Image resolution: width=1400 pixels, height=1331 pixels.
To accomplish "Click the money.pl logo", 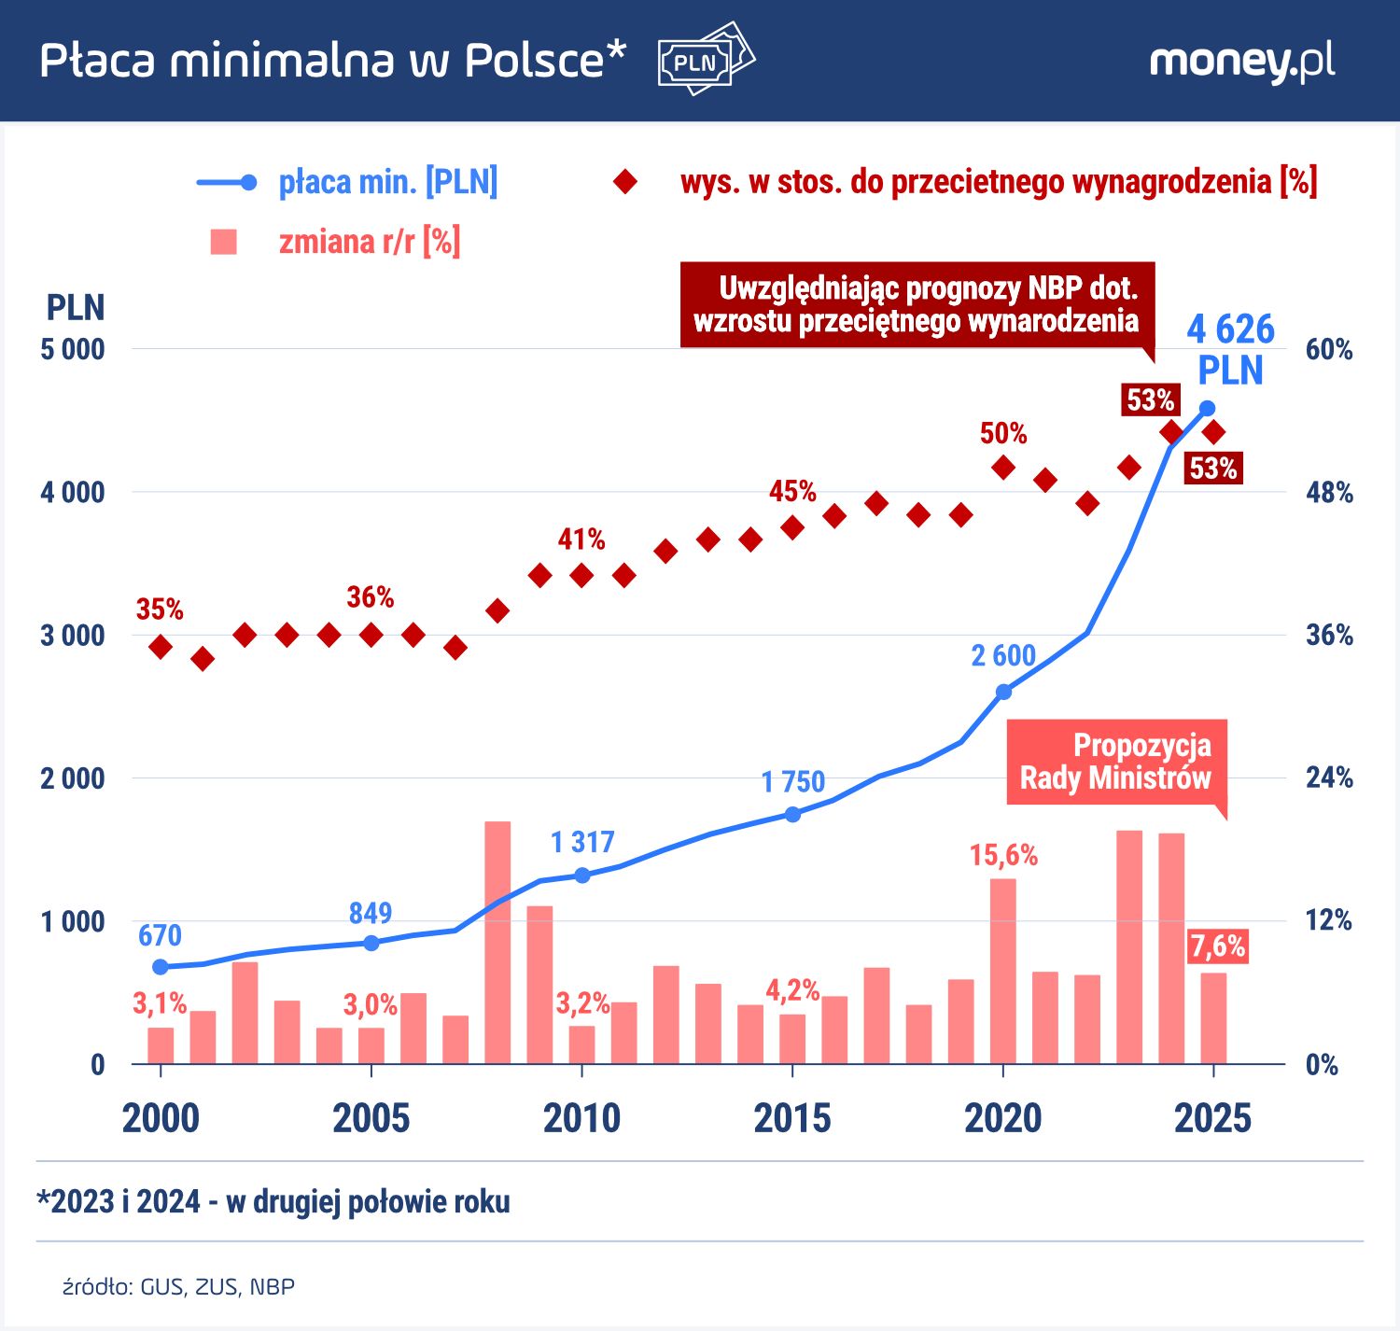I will pyautogui.click(x=1241, y=62).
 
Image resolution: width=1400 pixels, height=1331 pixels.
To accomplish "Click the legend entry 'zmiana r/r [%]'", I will pyautogui.click(x=369, y=242).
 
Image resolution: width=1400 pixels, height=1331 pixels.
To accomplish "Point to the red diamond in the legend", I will pyautogui.click(x=624, y=182).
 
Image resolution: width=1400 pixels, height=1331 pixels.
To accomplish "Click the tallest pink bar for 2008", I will pyautogui.click(x=497, y=943).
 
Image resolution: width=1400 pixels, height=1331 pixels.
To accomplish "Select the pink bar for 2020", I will pyautogui.click(x=1003, y=971).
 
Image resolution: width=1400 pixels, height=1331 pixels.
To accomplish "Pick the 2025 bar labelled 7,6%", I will pyautogui.click(x=1213, y=1017).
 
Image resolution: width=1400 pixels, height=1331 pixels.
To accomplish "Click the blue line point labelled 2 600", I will pyautogui.click(x=1003, y=692).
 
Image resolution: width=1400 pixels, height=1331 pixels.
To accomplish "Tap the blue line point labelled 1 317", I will pyautogui.click(x=581, y=876).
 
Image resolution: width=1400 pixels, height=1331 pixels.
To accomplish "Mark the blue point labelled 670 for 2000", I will pyautogui.click(x=161, y=967).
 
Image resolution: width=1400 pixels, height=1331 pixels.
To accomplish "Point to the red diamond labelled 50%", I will pyautogui.click(x=1003, y=468).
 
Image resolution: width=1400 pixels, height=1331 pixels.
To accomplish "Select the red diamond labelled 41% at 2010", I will pyautogui.click(x=581, y=575).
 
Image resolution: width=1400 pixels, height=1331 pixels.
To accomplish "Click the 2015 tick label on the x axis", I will pyautogui.click(x=791, y=1118).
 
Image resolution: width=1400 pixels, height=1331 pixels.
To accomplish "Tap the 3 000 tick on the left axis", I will pyautogui.click(x=73, y=636).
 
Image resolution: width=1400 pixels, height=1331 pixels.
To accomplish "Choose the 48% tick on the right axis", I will pyautogui.click(x=1328, y=493).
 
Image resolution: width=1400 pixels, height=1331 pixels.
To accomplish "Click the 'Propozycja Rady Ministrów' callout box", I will pyautogui.click(x=1115, y=762).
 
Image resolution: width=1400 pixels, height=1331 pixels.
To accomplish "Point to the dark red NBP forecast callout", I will pyautogui.click(x=917, y=304).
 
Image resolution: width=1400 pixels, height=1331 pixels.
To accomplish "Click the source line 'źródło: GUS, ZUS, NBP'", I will pyautogui.click(x=179, y=1287).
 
